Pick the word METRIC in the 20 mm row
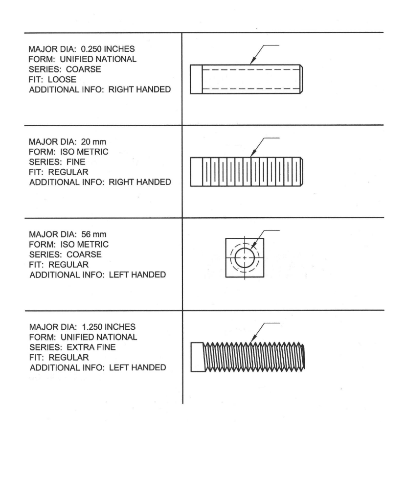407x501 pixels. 92,152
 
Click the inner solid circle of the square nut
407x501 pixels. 245,257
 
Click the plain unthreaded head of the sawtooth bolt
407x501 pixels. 196,357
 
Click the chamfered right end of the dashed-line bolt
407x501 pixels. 301,79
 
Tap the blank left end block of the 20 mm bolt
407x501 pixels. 196,172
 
